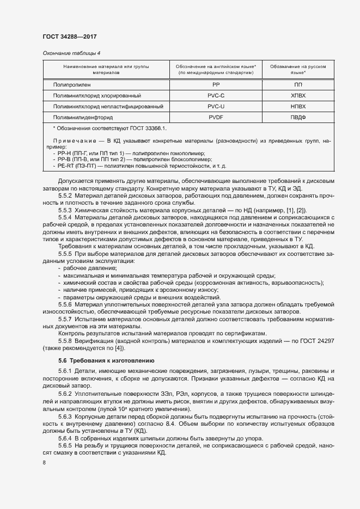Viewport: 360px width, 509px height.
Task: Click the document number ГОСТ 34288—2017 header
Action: tap(70, 36)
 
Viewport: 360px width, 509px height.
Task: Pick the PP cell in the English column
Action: tap(216, 85)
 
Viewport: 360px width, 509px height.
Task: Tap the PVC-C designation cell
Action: tap(216, 96)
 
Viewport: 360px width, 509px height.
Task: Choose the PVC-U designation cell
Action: tap(216, 106)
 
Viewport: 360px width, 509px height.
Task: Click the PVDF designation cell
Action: tap(216, 117)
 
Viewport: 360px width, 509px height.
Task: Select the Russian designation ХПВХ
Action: tap(298, 96)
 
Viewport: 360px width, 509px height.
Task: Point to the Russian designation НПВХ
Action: tap(298, 106)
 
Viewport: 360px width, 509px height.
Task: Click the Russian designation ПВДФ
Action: tap(298, 117)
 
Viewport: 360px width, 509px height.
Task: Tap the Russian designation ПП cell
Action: tap(298, 85)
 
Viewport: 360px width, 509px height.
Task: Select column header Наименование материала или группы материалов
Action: tap(106, 69)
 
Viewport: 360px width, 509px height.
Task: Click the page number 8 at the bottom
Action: tap(44, 462)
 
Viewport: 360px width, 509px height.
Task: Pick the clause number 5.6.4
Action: tap(65, 438)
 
